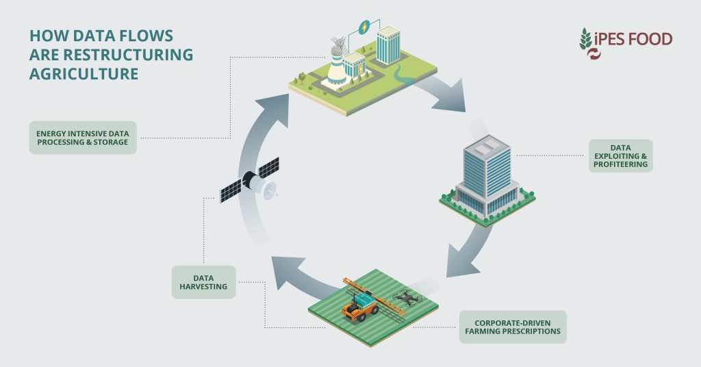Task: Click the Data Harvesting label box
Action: click(203, 282)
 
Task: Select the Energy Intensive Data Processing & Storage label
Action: click(83, 138)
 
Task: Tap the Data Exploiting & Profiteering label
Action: click(620, 155)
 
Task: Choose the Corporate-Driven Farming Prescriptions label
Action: click(513, 327)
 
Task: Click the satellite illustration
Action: click(249, 181)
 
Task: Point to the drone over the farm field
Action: click(407, 297)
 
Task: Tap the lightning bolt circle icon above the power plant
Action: click(365, 27)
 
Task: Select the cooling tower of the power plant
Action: click(336, 67)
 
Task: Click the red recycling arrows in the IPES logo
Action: click(594, 54)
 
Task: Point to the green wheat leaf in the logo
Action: click(585, 39)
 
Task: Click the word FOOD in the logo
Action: click(650, 39)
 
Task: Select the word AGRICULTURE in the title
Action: click(84, 74)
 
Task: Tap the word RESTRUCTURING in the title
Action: click(128, 55)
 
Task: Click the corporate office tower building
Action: click(487, 179)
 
